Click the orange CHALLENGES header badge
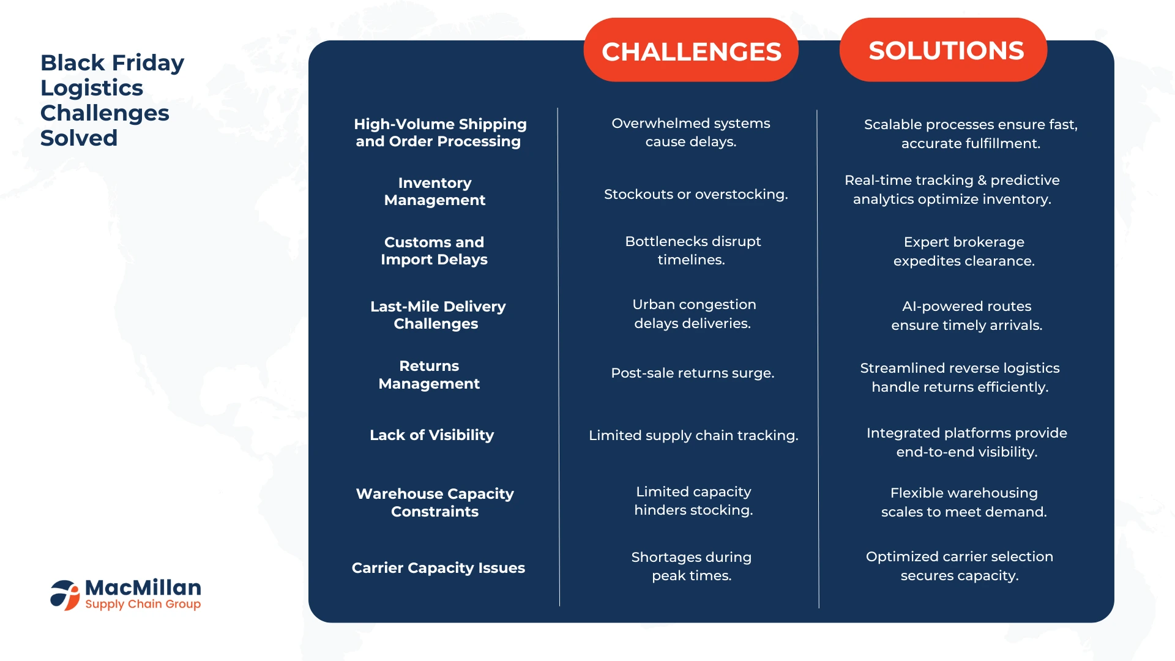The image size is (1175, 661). coord(691,50)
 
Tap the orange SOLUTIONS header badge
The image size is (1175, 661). coord(943,50)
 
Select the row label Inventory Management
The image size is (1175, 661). coord(435,192)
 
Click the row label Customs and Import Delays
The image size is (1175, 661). coord(434,251)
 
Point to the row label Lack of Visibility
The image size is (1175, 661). coord(431,435)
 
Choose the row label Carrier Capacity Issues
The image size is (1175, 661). coord(438,568)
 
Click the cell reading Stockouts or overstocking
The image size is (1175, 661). coord(696,195)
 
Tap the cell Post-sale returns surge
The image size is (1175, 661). coord(693,373)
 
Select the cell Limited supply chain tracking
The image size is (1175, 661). coord(693,435)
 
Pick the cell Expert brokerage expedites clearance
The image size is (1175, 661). coord(964,252)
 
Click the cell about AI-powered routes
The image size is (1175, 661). coord(967,316)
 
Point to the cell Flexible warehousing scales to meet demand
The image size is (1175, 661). coord(964,502)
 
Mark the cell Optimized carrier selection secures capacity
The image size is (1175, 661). coord(960,566)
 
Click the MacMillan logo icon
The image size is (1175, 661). coord(65,595)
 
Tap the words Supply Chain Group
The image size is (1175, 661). coord(143,604)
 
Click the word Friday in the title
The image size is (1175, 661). coord(147,63)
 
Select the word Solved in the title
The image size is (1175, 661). coord(79,138)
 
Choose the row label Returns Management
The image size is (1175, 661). coord(429,375)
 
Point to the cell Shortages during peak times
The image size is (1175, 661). coord(692,566)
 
